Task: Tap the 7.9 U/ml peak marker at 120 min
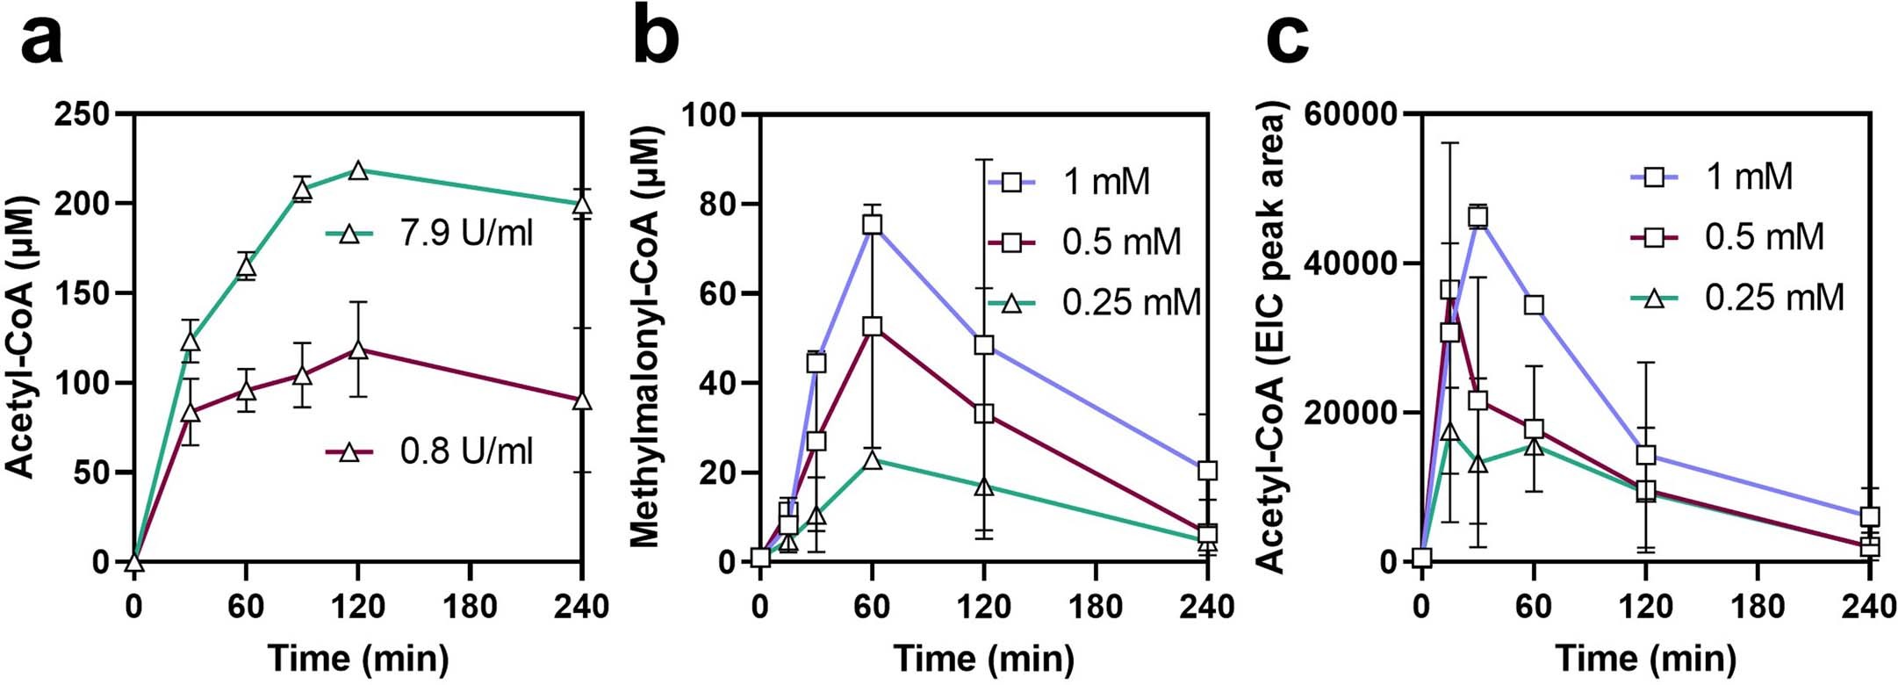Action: (x=357, y=170)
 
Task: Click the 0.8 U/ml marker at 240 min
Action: (x=582, y=400)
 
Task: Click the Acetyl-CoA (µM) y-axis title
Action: (x=21, y=338)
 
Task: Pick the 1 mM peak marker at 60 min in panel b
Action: (x=872, y=225)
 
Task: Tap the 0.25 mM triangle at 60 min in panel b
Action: (x=872, y=459)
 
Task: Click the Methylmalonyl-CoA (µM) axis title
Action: (x=646, y=338)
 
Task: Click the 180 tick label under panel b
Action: (x=1096, y=607)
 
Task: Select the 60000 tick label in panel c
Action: (x=1349, y=114)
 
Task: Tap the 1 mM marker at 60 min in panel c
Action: (x=1534, y=305)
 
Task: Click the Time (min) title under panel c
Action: (x=1645, y=659)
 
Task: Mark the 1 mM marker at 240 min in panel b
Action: (x=1207, y=471)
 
